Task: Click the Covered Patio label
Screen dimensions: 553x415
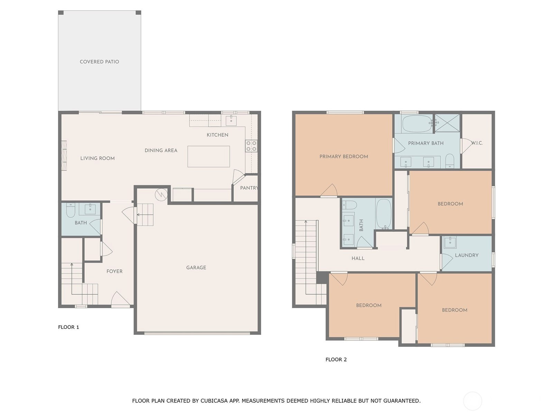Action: (99, 62)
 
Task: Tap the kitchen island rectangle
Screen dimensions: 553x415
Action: (208, 156)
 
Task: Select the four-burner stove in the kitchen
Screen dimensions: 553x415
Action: (251, 146)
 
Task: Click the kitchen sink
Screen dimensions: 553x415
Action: (231, 120)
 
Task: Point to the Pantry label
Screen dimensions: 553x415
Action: (249, 188)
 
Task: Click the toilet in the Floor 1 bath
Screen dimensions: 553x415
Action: (70, 210)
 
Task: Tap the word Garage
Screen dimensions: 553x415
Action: (196, 268)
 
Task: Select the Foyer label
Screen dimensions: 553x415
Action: (114, 271)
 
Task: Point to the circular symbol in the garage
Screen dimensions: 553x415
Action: (161, 194)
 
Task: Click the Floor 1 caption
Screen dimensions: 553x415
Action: (68, 327)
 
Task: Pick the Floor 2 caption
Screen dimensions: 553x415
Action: (336, 360)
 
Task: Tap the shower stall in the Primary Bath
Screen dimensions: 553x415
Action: (447, 123)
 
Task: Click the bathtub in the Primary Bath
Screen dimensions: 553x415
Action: (417, 124)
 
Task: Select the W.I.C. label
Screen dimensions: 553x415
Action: (477, 143)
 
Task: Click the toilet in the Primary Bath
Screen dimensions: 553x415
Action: (450, 161)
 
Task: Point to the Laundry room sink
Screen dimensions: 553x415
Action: (450, 242)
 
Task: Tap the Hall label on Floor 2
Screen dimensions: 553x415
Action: (358, 258)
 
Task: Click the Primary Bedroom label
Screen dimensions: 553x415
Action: (344, 156)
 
